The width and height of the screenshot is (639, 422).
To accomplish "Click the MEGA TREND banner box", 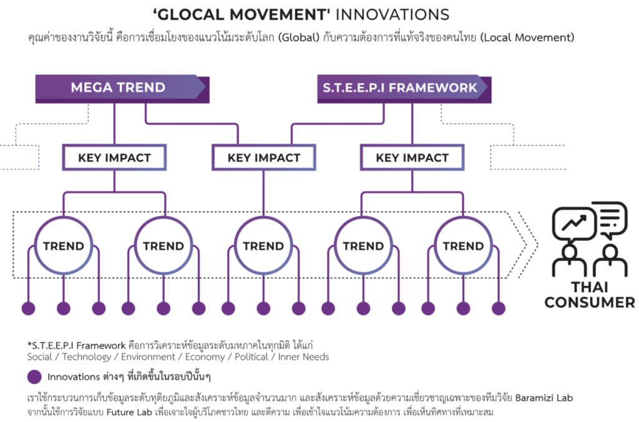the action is coord(122,89).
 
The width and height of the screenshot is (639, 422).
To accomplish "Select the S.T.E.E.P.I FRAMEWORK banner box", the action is coord(404,89).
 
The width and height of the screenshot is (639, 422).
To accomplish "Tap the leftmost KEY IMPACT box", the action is coord(115,157).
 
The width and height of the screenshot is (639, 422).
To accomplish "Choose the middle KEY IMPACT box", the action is coord(264,157).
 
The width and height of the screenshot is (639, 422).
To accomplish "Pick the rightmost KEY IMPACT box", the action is coord(412,157).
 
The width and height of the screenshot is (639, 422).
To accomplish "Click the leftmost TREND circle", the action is coord(64,246).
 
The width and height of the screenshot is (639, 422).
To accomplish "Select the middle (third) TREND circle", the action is coord(263,246).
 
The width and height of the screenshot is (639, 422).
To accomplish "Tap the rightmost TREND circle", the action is coord(464,246).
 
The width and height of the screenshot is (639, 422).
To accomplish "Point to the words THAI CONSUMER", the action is coord(590,295).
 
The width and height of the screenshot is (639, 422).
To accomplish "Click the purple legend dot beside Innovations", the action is coord(34,377).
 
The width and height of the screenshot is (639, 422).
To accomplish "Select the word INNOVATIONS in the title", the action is coord(392,15).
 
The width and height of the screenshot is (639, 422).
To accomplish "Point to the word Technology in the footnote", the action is coord(86,357).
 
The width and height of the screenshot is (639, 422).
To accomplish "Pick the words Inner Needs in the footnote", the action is coord(304,357).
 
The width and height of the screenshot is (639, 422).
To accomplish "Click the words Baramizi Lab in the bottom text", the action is coord(544,398).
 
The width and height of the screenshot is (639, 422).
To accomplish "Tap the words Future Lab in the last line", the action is coord(129,412).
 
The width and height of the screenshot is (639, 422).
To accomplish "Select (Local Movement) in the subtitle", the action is coord(527,37).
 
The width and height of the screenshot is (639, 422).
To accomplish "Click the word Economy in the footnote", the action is coord(205,357).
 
